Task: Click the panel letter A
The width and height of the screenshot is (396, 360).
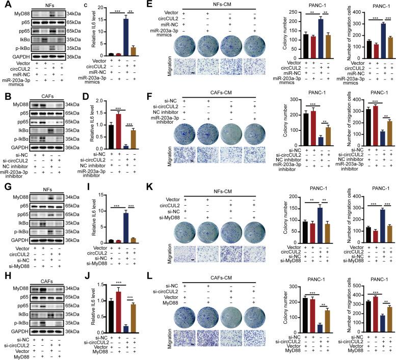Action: (x=5, y=5)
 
